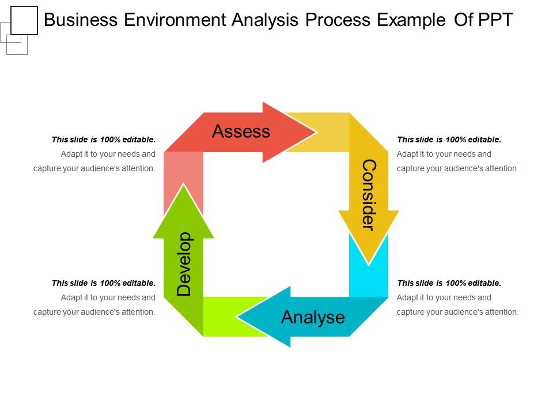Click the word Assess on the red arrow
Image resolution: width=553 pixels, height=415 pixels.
(241, 131)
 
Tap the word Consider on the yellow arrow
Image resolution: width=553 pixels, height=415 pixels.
(368, 194)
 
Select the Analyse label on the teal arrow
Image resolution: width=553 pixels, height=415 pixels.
(313, 317)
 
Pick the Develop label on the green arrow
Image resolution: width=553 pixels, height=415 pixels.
(184, 264)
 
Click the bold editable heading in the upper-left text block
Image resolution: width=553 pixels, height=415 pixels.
(104, 139)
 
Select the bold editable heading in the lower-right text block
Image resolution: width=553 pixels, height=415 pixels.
(449, 283)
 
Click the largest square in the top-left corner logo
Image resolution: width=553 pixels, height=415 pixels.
(24, 20)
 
